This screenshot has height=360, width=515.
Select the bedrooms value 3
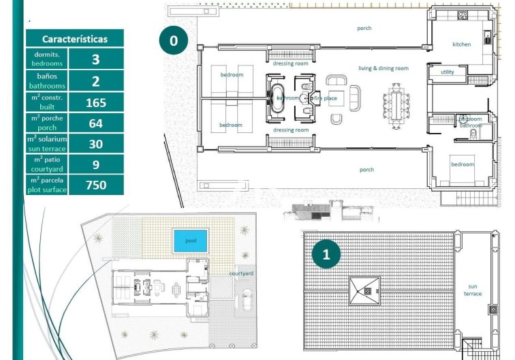pyautogui.click(x=95, y=59)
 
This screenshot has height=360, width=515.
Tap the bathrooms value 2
pyautogui.click(x=95, y=81)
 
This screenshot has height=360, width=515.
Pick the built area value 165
pyautogui.click(x=95, y=103)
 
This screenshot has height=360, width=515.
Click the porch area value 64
pyautogui.click(x=95, y=123)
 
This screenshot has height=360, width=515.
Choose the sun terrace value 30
pyautogui.click(x=95, y=144)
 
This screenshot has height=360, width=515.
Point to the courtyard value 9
pyautogui.click(x=95, y=164)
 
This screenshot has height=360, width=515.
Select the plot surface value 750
pyautogui.click(x=95, y=184)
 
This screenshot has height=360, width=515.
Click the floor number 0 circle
pyautogui.click(x=174, y=41)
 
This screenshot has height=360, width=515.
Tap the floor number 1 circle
pyautogui.click(x=326, y=254)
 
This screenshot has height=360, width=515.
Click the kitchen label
pyautogui.click(x=461, y=44)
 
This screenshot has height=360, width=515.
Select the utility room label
pyautogui.click(x=447, y=72)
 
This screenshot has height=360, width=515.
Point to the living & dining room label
pyautogui.click(x=384, y=68)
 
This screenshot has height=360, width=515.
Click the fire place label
pyautogui.click(x=325, y=98)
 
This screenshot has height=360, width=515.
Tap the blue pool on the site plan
pyautogui.click(x=190, y=241)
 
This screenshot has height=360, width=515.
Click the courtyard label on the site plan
pyautogui.click(x=241, y=273)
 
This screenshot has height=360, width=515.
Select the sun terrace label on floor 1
pyautogui.click(x=473, y=290)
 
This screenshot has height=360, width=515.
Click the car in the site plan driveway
pyautogui.click(x=246, y=301)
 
